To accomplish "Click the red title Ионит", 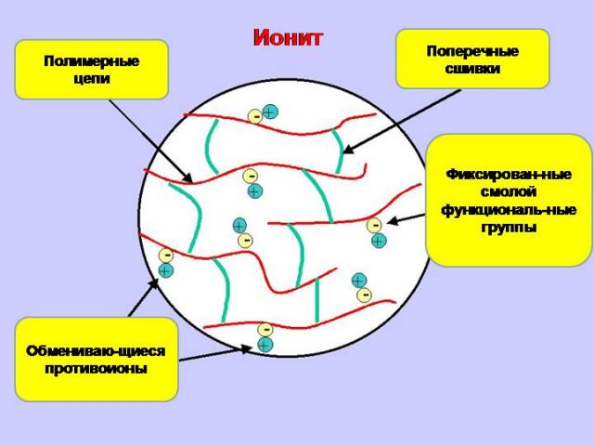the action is point(288,38).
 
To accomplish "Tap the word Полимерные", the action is point(92,61).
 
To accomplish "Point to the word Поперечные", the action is point(472,51).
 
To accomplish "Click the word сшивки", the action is point(472,69).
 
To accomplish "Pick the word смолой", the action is point(509,192).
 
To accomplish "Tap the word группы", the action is point(509,228).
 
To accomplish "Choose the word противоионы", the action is point(96,368).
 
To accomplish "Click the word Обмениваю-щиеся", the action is point(96,351).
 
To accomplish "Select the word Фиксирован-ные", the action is point(509,175).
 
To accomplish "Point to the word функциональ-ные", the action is point(509,210).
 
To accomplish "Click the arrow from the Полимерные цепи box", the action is point(150,141).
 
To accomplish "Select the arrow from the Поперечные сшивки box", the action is point(401,122).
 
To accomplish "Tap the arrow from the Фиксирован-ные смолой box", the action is point(406,218).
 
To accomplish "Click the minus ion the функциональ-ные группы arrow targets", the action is point(374,225).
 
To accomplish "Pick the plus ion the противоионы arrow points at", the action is point(265,345).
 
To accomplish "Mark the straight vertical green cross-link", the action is point(317,300).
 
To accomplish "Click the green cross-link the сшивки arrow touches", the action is point(340,151).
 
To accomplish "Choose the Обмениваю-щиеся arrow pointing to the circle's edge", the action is point(143,297).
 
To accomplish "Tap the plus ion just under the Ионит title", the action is point(270,111).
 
